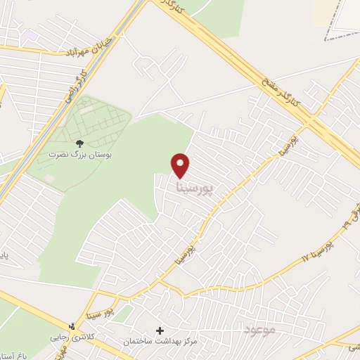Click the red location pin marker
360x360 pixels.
point(181,165)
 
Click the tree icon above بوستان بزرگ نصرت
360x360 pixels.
point(79,143)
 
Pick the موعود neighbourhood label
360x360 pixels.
point(259,330)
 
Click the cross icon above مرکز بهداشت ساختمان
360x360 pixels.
point(160,330)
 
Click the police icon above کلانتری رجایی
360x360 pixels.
point(71,326)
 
